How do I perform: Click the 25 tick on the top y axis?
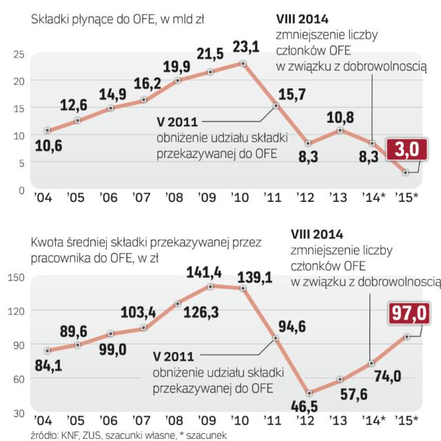pyautogui.click(x=19, y=54)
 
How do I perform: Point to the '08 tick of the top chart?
pyautogui.click(x=174, y=198)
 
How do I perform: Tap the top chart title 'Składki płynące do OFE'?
pyautogui.click(x=90, y=21)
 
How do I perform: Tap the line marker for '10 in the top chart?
pyautogui.click(x=243, y=63)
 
